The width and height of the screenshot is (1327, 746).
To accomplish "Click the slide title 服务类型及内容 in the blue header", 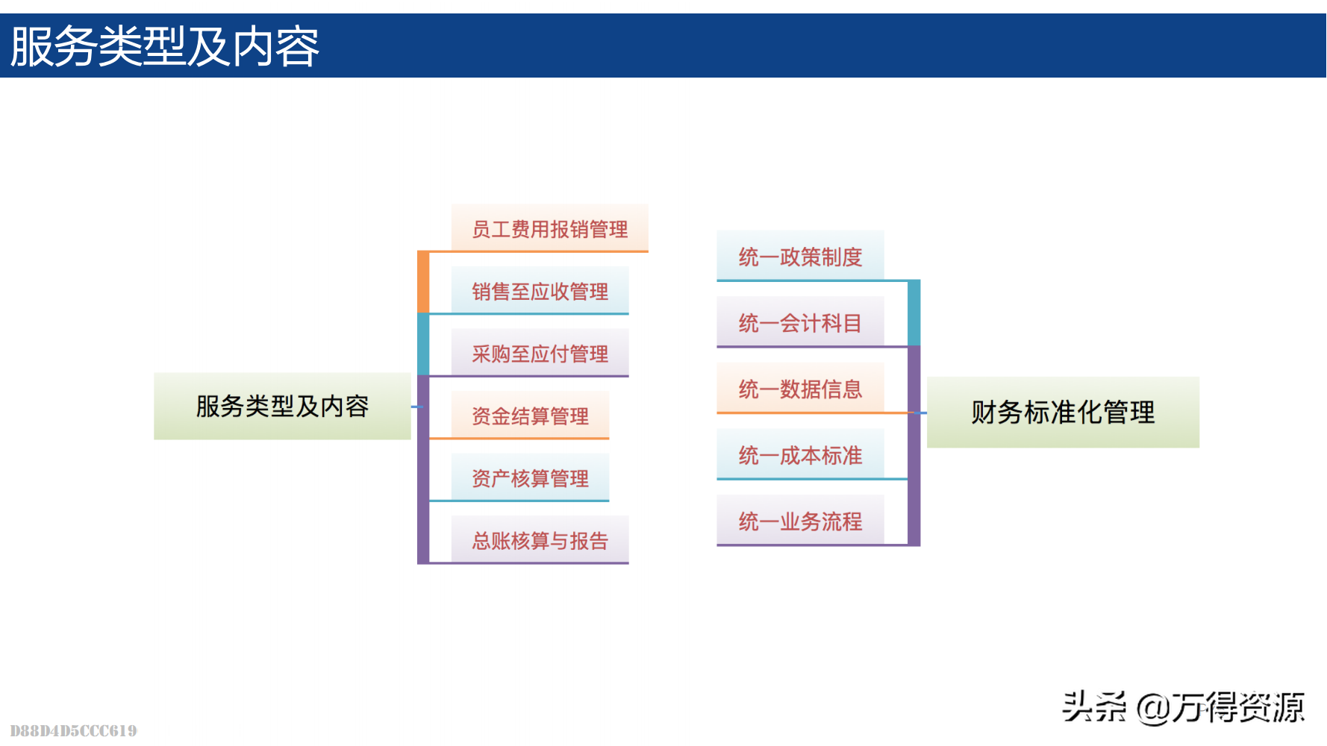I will coord(164,46).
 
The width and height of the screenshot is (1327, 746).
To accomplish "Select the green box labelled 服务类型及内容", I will coord(282,406).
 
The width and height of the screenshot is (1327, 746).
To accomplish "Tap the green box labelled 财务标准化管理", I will coord(1063,412).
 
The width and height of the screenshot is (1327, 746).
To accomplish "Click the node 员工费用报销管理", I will coord(549,228).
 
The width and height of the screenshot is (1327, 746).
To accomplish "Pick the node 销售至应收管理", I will coord(540,291).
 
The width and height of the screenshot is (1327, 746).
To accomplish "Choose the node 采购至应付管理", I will coord(540,354).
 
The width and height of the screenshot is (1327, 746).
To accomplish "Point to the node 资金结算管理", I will coord(530,416).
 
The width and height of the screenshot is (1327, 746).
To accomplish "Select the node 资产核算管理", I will coord(530,478).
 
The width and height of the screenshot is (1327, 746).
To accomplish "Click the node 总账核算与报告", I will coord(540,540).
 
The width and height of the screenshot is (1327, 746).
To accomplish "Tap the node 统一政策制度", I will coord(800,257).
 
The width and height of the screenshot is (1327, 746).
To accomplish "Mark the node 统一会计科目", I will coord(800,322).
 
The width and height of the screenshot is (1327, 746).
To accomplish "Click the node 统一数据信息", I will coord(800,389).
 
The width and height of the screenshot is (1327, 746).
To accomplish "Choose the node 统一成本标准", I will coord(800,455).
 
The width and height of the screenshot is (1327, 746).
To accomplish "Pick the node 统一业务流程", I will coord(800,521).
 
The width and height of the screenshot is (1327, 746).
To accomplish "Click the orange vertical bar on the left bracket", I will coord(423,282).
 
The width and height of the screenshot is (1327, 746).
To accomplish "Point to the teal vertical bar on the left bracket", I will coord(423,344).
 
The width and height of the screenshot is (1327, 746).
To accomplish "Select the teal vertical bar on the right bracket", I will coord(914,313).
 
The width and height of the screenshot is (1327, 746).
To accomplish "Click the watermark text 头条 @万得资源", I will coord(1183,707).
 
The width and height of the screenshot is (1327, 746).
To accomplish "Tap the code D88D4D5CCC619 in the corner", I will coord(73,730).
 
